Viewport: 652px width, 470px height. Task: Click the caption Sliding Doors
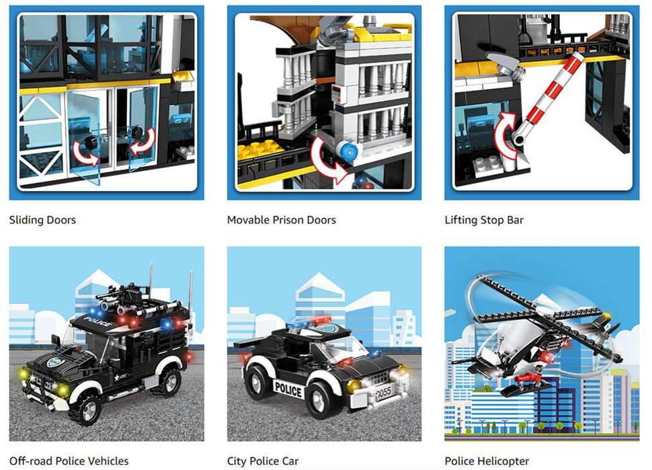click(42, 220)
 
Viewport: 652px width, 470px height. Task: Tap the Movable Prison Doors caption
click(281, 220)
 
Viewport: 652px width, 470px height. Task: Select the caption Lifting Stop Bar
click(484, 220)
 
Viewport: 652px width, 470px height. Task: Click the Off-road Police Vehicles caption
click(69, 461)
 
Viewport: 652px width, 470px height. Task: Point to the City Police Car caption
click(263, 461)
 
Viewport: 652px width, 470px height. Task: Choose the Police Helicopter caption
click(487, 461)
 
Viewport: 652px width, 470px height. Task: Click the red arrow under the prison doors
click(327, 160)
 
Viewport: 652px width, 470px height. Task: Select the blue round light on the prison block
click(348, 151)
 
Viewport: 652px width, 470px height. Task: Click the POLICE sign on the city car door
click(288, 390)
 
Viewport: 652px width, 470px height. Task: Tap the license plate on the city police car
click(383, 392)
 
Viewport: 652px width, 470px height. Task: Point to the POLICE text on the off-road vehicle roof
click(98, 321)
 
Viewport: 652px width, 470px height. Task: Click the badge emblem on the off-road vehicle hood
click(54, 362)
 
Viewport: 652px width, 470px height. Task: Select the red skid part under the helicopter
click(527, 378)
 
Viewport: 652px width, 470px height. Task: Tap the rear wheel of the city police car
click(259, 383)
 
